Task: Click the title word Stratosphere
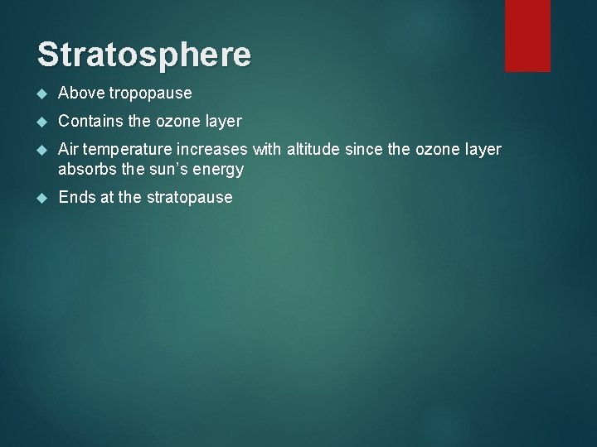tap(143, 54)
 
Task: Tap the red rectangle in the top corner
tap(528, 35)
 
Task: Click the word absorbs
tap(85, 170)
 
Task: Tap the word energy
tap(220, 171)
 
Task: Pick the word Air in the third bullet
tap(69, 149)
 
